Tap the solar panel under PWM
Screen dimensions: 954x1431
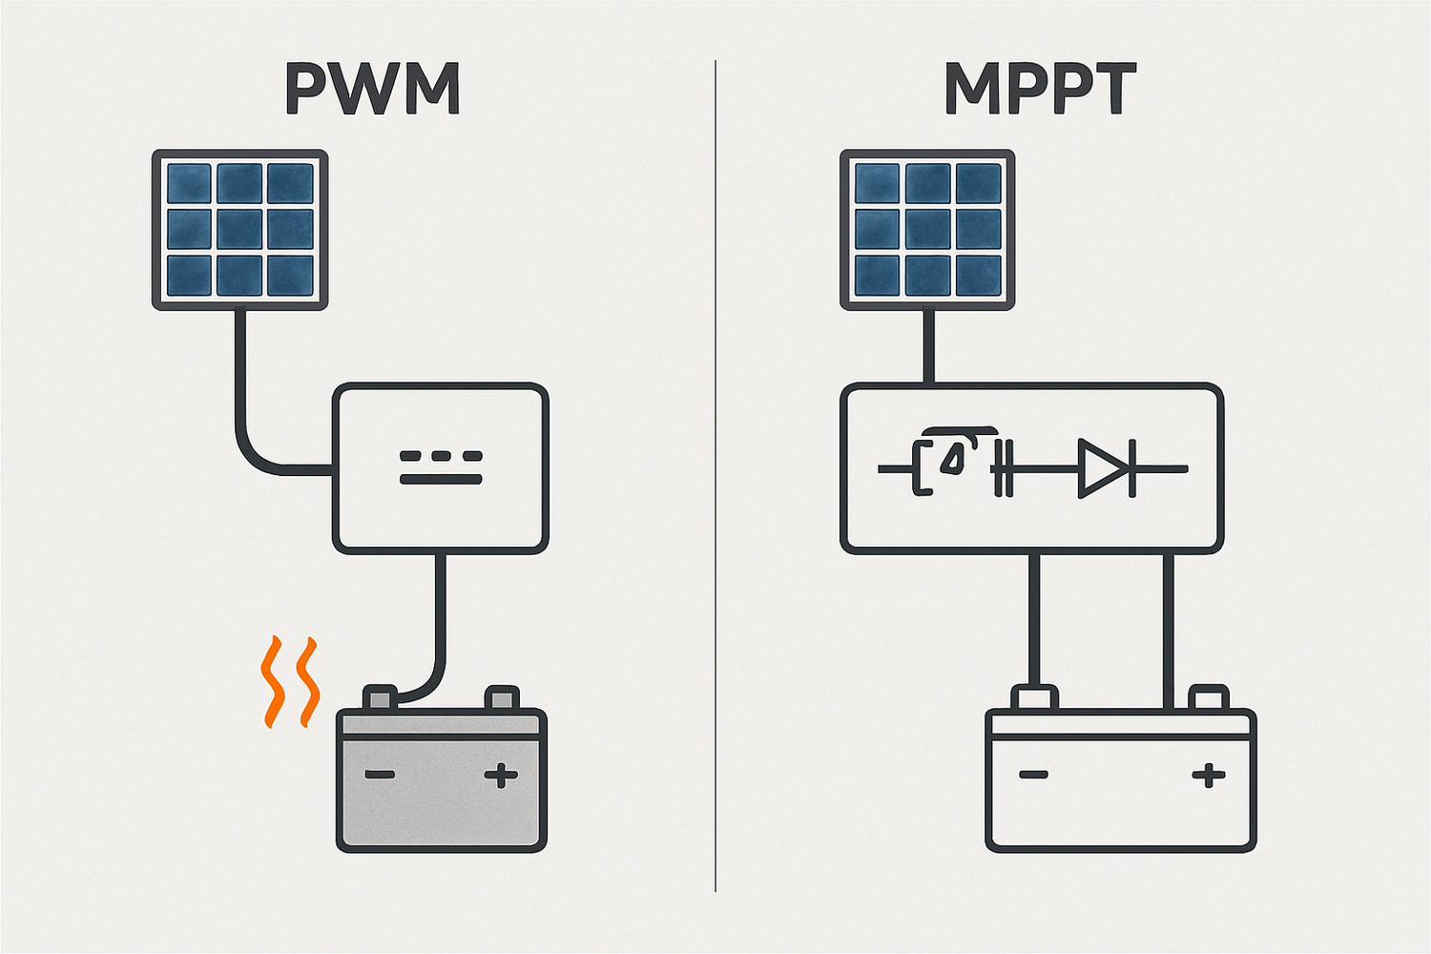coord(240,229)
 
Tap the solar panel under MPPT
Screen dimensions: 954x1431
coord(927,229)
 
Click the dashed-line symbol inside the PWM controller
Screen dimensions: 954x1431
coord(440,467)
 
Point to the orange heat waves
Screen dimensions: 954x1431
coord(289,681)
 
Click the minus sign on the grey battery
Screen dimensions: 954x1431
coord(381,775)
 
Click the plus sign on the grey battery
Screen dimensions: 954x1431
coord(501,775)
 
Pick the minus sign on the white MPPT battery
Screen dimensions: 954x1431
coord(1033,775)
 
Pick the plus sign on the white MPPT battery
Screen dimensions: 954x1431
coord(1209,775)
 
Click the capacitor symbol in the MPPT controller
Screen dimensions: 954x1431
coord(1002,468)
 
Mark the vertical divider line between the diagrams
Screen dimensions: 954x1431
coord(715,477)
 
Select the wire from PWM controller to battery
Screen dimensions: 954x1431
coord(440,620)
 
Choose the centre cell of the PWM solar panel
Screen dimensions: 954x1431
coord(240,229)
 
